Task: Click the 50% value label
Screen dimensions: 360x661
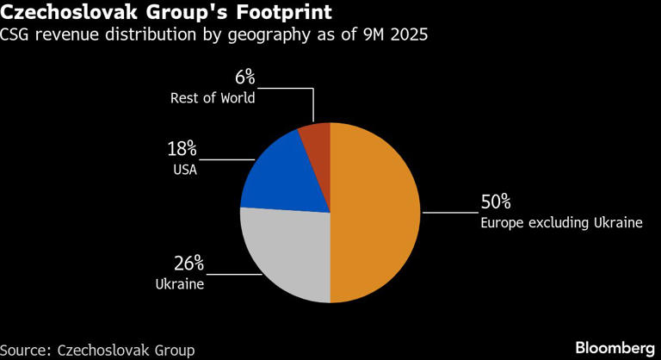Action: pyautogui.click(x=496, y=202)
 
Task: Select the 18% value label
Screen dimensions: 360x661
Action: pyautogui.click(x=182, y=149)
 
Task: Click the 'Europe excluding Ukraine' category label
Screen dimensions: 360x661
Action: pyautogui.click(x=561, y=223)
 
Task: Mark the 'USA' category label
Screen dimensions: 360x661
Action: pyautogui.click(x=184, y=170)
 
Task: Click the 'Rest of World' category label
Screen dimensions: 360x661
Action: pyautogui.click(x=212, y=97)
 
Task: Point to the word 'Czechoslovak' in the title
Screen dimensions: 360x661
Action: pyautogui.click(x=65, y=14)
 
